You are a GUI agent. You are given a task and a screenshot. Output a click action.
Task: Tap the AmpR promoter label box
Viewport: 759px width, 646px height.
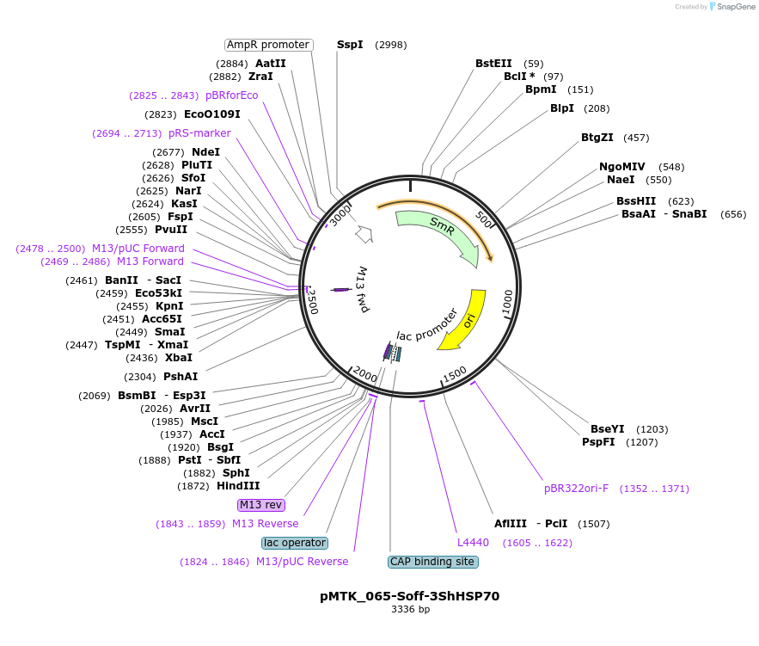[x=269, y=45]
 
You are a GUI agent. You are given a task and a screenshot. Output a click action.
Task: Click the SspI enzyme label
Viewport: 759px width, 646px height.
[x=350, y=45]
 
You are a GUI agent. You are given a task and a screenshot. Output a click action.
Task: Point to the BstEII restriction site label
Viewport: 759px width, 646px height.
[x=493, y=64]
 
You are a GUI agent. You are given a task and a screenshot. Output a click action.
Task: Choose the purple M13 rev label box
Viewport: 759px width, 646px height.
[x=261, y=505]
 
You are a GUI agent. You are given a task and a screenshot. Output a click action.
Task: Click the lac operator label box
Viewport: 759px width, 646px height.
[x=295, y=543]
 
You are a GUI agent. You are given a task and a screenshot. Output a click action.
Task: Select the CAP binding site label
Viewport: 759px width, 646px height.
[x=432, y=562]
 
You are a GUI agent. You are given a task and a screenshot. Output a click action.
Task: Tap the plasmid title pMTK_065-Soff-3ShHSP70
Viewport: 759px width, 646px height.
[x=409, y=596]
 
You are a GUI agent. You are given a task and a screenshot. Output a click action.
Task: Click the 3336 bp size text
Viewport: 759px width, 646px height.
[x=411, y=609]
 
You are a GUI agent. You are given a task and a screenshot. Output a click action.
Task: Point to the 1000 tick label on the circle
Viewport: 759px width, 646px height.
[x=507, y=302]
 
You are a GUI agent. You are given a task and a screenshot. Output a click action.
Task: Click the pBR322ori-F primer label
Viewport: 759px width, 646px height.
[x=576, y=489]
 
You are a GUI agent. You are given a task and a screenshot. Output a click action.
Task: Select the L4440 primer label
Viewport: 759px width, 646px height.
[x=473, y=543]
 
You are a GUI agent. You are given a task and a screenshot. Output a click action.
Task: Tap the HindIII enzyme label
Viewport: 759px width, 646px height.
[x=238, y=486]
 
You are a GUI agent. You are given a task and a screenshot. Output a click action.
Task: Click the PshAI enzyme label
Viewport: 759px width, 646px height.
[x=181, y=376]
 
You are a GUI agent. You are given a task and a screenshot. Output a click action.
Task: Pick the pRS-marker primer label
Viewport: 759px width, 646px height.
[x=199, y=133]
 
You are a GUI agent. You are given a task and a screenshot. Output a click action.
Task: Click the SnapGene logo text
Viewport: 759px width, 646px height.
[x=737, y=7]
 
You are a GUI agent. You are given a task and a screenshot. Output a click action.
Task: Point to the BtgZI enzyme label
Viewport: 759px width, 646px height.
[x=597, y=138]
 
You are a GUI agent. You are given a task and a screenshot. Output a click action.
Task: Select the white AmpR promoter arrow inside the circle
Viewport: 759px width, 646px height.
[x=364, y=234]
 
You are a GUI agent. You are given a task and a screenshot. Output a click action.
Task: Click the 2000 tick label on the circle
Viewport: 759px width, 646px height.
[x=365, y=374]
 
